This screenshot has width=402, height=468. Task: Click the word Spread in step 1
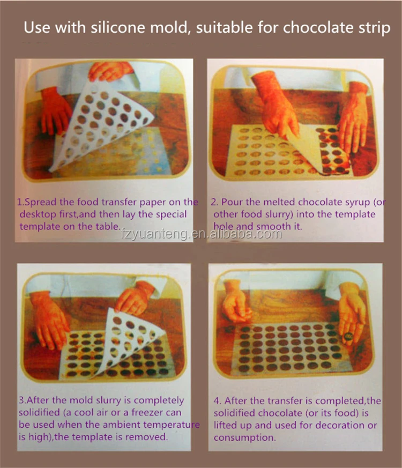[x=41, y=202]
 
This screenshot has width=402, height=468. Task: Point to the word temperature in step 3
[x=170, y=425]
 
